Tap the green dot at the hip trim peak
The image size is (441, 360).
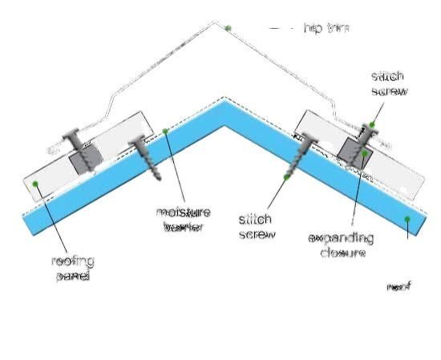[x=228, y=28]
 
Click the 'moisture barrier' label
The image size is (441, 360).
[x=184, y=219]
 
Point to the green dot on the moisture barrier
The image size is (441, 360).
[x=166, y=131]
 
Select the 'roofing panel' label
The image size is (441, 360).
[x=73, y=268]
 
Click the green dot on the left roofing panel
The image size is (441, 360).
[x=36, y=184]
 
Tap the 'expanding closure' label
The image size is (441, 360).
[x=342, y=245]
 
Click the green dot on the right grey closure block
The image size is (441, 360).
[x=365, y=152]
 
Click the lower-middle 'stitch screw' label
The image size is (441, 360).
[x=257, y=226]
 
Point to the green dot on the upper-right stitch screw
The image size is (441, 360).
[x=373, y=124]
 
